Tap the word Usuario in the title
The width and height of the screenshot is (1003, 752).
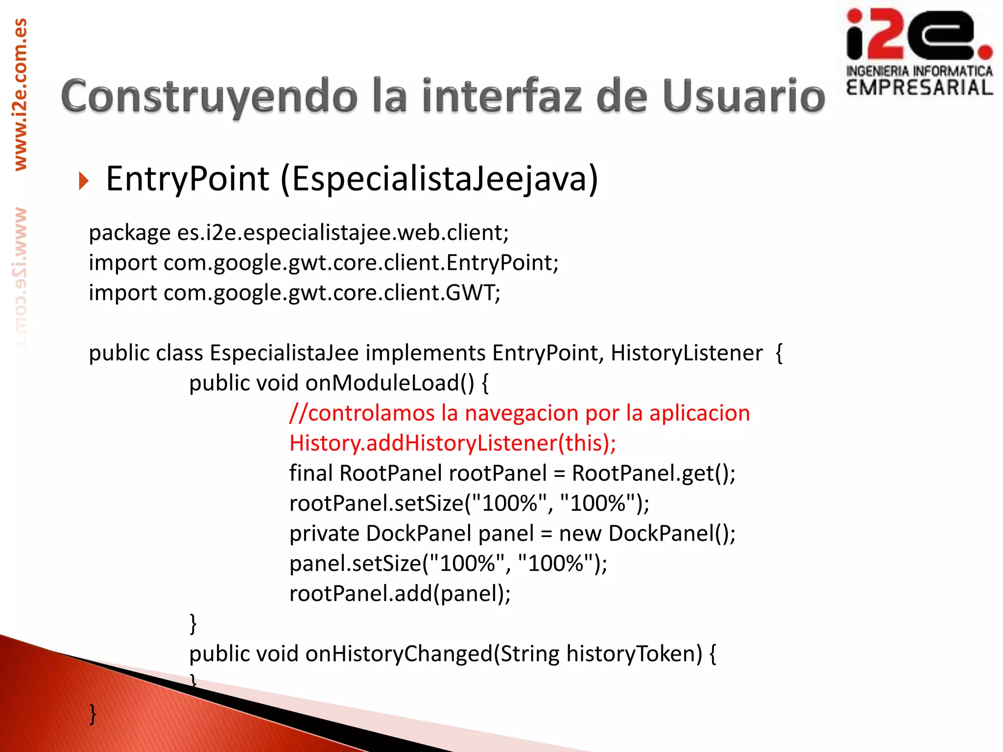(x=744, y=96)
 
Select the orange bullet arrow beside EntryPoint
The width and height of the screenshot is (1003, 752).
(x=84, y=181)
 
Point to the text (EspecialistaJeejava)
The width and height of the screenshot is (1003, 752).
(x=439, y=179)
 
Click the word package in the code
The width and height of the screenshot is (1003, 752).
(x=129, y=233)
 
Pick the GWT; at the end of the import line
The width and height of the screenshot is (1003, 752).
(x=473, y=293)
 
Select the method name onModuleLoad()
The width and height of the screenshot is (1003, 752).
(x=390, y=383)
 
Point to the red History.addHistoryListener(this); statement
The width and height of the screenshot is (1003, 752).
(x=453, y=444)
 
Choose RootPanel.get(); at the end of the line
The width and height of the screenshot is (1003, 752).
(x=653, y=473)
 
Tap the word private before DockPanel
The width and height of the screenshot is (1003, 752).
(x=324, y=534)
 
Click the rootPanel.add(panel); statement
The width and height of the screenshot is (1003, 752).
(x=400, y=594)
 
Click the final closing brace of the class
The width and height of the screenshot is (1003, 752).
(x=93, y=714)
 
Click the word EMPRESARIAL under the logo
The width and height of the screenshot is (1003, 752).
(x=919, y=88)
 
